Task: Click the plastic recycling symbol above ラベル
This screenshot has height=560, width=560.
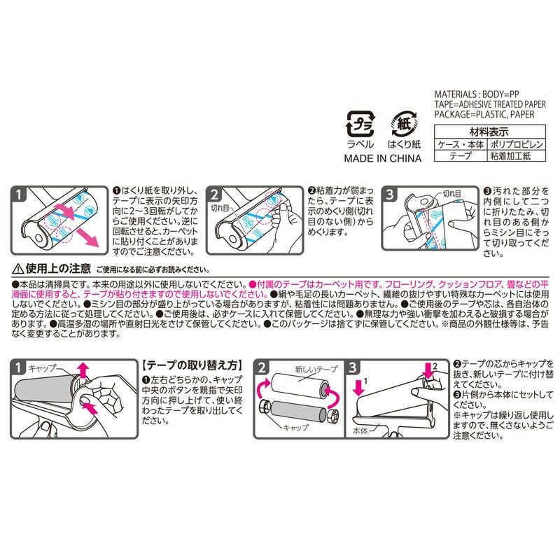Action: coord(361,124)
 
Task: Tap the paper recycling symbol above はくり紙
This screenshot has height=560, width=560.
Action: coord(404,123)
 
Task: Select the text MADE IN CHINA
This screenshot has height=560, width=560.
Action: coord(382,159)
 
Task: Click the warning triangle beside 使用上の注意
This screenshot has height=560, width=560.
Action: coord(17,268)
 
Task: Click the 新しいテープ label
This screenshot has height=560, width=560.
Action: coord(311,368)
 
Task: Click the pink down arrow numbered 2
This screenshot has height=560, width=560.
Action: coord(429,369)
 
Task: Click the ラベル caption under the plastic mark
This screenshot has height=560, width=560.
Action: coord(361,145)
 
